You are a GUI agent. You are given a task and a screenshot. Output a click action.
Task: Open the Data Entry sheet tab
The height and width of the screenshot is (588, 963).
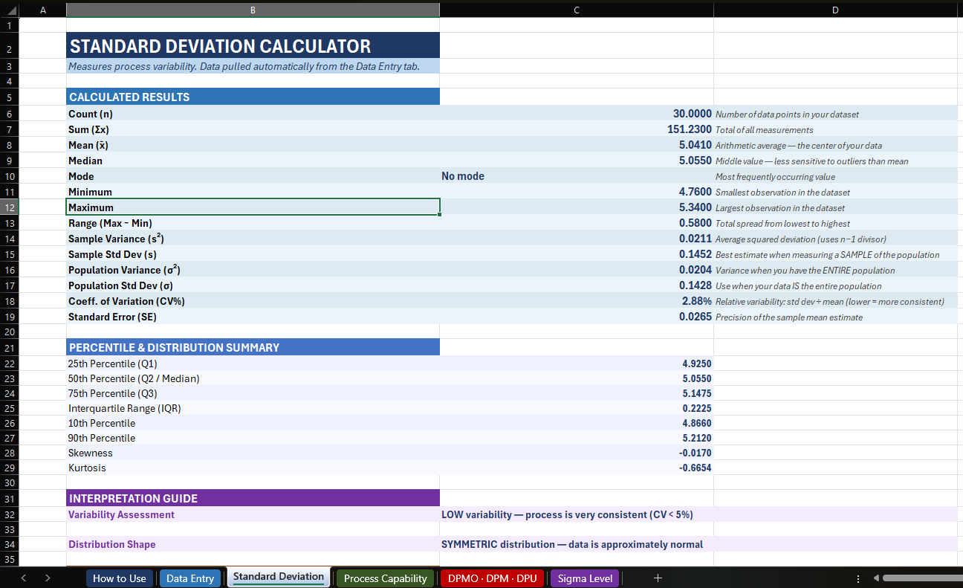(x=190, y=578)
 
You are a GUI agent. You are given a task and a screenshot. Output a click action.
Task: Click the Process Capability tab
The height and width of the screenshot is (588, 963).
(x=385, y=578)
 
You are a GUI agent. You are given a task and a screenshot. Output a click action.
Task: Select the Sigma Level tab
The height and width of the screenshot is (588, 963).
(x=585, y=578)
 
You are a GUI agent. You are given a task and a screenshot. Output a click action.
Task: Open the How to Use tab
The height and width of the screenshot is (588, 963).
(x=120, y=578)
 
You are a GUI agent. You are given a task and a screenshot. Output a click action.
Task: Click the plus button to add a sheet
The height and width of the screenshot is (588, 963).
(x=658, y=578)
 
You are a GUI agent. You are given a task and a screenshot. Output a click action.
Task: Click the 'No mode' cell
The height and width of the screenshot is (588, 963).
(x=463, y=176)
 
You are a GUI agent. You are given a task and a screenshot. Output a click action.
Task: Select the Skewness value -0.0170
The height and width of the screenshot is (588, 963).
(x=696, y=453)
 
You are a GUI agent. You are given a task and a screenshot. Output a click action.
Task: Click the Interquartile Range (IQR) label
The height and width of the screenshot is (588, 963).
(x=124, y=408)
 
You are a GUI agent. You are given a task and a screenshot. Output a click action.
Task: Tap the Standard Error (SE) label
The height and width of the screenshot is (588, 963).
(x=112, y=317)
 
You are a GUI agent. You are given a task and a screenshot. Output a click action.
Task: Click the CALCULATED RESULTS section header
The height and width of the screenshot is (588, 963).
(x=129, y=97)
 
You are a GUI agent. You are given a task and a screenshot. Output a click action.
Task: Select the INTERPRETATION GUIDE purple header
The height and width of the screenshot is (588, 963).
(x=133, y=498)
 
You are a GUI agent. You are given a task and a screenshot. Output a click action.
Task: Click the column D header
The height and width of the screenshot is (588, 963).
(x=835, y=10)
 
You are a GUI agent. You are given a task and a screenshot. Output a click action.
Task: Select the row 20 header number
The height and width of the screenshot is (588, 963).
(x=9, y=332)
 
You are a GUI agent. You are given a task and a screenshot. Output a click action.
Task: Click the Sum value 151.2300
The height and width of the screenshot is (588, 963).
(x=690, y=129)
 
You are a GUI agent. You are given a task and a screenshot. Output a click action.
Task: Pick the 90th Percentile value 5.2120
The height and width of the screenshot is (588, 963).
(x=696, y=438)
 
